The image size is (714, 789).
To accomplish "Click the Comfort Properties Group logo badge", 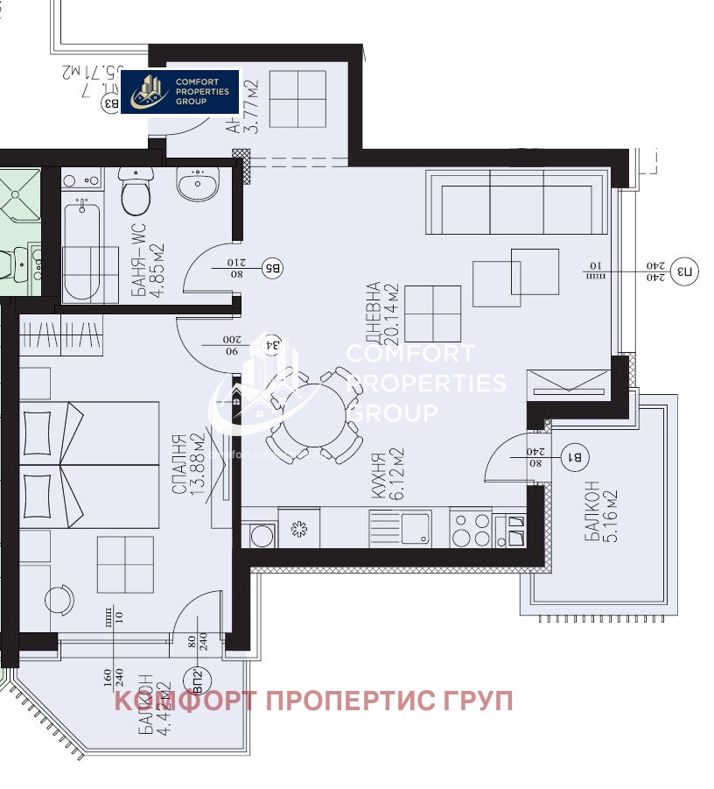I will click(x=180, y=91).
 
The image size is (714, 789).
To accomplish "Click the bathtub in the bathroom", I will click(x=90, y=250).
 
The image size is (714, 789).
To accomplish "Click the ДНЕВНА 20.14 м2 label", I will click(x=381, y=313).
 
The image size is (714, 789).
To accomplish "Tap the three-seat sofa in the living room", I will click(x=515, y=202).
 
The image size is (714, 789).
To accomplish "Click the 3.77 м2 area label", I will click(x=250, y=103).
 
